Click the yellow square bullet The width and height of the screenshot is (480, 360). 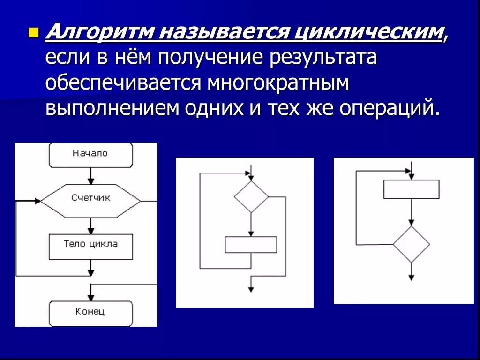(x=33, y=33)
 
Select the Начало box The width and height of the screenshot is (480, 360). (x=90, y=154)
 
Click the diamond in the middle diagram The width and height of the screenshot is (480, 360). (x=251, y=197)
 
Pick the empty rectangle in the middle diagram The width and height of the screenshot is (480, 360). (x=251, y=245)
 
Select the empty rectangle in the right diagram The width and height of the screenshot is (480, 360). (x=411, y=189)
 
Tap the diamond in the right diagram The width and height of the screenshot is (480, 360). (x=411, y=244)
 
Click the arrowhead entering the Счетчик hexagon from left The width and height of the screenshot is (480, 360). (x=37, y=201)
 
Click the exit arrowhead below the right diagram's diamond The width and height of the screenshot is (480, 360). (x=411, y=277)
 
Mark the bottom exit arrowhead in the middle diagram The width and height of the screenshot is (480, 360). (x=251, y=289)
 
